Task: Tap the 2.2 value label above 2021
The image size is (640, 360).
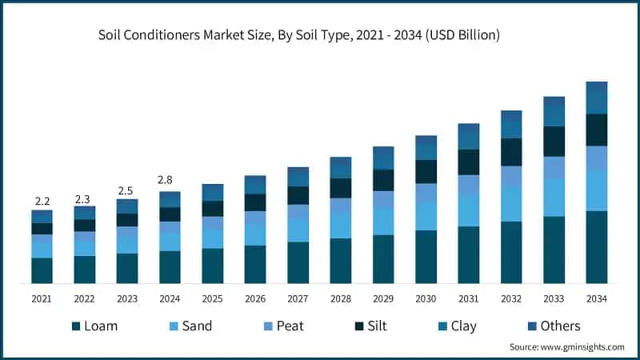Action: click(42, 200)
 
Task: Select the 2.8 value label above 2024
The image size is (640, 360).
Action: click(170, 180)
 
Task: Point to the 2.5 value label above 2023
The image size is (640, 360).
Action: click(126, 190)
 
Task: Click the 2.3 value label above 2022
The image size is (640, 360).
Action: click(84, 198)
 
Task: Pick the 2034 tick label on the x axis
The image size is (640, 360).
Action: click(596, 298)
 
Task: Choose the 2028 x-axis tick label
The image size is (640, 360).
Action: click(340, 298)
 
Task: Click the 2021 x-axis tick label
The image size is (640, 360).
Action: click(42, 298)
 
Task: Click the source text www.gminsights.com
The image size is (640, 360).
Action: click(566, 347)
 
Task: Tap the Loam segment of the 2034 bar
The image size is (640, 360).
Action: click(596, 247)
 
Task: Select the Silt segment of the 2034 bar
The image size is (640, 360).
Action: click(596, 130)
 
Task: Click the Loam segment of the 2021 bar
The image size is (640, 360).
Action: click(42, 270)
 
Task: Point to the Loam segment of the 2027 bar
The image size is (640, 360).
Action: click(298, 262)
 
